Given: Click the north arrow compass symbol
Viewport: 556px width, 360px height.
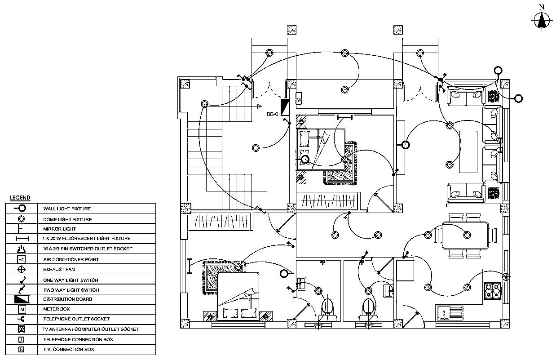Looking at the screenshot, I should pos(542,19).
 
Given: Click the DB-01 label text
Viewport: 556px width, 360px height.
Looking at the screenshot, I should pos(273,114).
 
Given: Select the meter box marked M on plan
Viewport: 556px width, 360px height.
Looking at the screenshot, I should pos(299,98).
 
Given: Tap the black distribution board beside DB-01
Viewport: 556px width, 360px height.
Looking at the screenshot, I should pos(285,106).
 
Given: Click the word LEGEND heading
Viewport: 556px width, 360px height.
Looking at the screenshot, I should pos(20,198).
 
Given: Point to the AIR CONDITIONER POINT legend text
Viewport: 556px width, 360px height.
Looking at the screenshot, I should pos(71,259).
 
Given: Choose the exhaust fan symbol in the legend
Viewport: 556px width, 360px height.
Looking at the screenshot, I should pos(21,270).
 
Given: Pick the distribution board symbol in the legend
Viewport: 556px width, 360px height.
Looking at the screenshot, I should pos(21,299).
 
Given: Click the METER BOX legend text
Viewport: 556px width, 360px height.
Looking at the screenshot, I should pos(56,309).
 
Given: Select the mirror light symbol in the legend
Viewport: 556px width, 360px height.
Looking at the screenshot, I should pos(21,229).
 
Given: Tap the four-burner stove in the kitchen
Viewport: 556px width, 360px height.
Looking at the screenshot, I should pos(492,291).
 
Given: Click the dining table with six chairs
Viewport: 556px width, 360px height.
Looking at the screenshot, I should pos(465,236).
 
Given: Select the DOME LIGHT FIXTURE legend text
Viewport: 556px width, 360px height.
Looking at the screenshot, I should pos(67,219).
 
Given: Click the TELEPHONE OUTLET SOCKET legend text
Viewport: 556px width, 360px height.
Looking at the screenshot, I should pos(76,319).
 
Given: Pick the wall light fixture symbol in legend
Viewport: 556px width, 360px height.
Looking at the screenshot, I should pos(21,209).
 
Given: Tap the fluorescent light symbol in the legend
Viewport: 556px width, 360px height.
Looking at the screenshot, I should pos(21,239).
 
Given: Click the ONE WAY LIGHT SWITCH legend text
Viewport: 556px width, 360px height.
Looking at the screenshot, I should pos(71,280).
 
